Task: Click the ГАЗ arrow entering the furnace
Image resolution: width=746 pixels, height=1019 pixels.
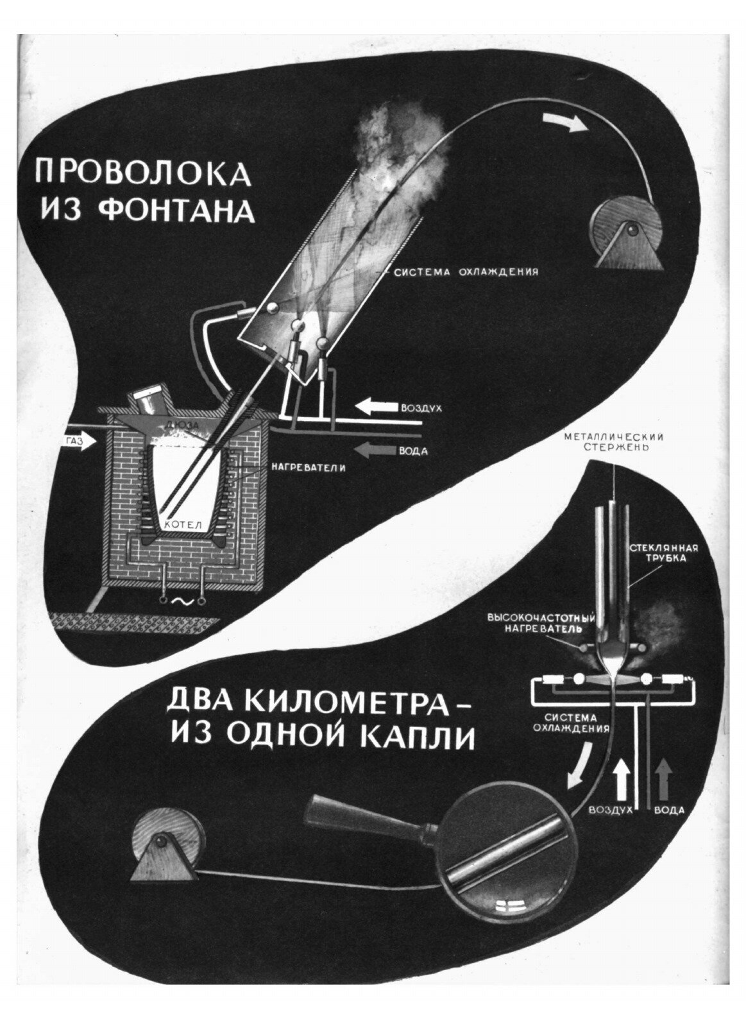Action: tap(80, 441)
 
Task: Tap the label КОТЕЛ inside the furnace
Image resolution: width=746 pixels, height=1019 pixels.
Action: tap(183, 524)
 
